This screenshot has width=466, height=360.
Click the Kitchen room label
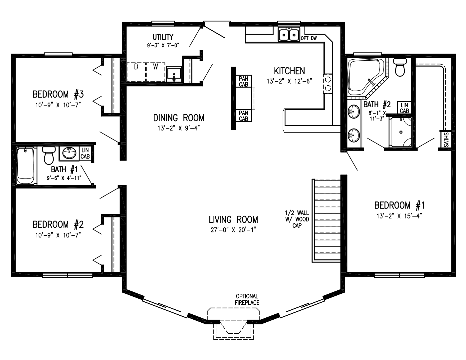point(289,71)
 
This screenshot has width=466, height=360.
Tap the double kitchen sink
point(289,35)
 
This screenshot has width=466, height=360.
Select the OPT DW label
point(309,38)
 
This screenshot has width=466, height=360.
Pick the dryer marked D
point(136,71)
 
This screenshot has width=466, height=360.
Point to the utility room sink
point(174,75)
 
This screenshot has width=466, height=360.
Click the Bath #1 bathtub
point(26,166)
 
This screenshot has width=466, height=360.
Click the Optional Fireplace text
point(247,299)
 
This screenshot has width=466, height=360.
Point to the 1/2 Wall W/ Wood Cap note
point(297,219)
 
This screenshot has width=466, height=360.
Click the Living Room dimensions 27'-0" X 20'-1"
point(233,229)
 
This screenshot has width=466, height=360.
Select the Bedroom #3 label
point(58,95)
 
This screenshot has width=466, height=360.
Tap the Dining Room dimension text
point(178,128)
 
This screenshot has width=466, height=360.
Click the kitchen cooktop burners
point(328,83)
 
